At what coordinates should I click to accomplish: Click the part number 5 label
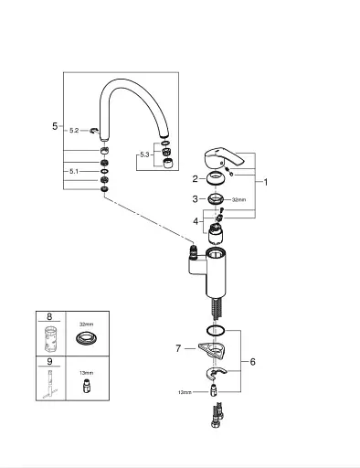tap(55, 126)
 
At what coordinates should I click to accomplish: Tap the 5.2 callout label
tap(74, 131)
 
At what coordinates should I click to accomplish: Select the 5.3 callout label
tap(144, 154)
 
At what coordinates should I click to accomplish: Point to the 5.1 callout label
tap(74, 171)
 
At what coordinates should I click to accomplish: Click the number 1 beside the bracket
tap(266, 182)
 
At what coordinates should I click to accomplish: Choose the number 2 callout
tap(195, 179)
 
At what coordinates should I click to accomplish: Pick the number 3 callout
tap(195, 199)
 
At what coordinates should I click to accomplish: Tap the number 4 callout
tap(196, 221)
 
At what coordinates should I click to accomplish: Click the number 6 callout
tap(252, 362)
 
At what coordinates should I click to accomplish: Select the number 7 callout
tap(178, 348)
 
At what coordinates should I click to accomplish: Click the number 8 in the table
tap(49, 316)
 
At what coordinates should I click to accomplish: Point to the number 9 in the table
tap(49, 361)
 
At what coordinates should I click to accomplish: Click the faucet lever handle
tap(223, 158)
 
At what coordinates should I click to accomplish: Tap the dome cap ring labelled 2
tap(216, 178)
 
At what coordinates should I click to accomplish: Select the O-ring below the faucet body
tap(216, 330)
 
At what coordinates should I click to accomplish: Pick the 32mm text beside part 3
tap(238, 200)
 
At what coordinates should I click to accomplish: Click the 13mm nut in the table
tap(86, 386)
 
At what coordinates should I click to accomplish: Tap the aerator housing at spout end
tap(168, 164)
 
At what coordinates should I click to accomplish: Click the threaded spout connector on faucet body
tap(193, 250)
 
